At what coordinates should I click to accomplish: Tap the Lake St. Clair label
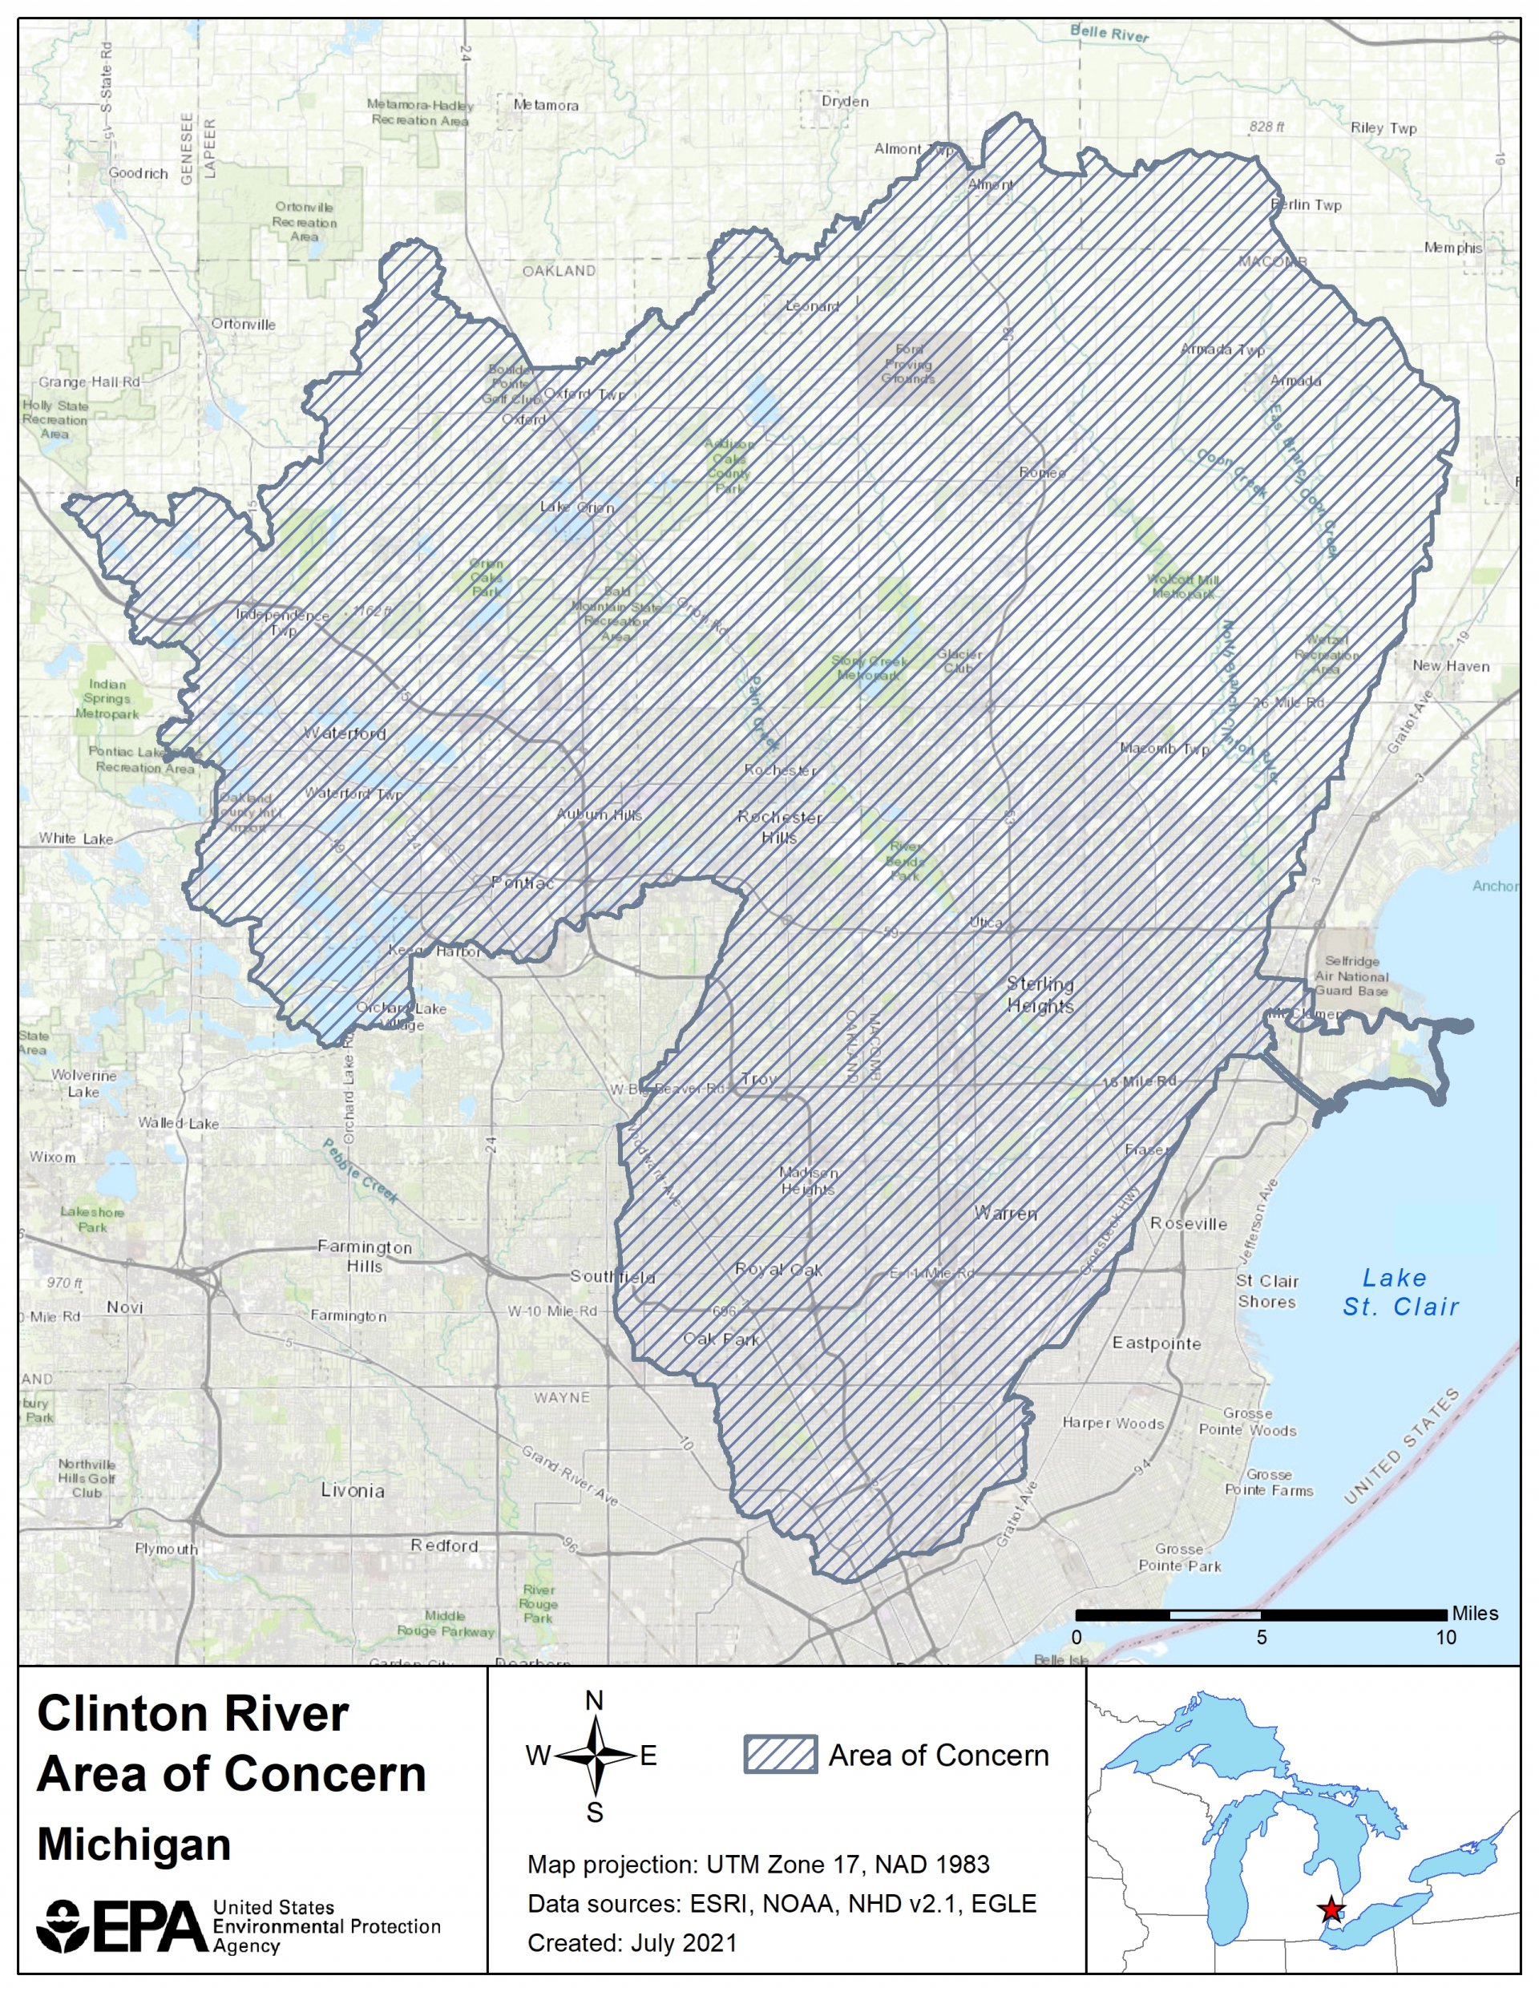click(x=1400, y=1292)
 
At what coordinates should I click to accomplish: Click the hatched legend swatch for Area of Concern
click(x=780, y=1755)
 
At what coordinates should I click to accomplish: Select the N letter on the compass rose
click(x=594, y=1700)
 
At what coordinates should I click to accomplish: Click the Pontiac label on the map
click(x=522, y=883)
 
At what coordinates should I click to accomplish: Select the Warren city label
click(x=1005, y=1213)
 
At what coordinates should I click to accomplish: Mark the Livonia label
click(x=352, y=1490)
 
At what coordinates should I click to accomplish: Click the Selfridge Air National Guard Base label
click(x=1352, y=975)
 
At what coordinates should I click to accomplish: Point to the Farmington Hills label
click(x=365, y=1256)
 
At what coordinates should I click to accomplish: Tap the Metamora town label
click(x=546, y=105)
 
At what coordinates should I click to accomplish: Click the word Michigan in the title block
click(x=134, y=1845)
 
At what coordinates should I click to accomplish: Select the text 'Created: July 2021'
click(x=632, y=1943)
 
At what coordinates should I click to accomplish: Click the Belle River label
click(x=1109, y=34)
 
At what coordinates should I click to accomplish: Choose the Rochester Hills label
click(x=780, y=826)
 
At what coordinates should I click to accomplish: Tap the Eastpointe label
click(x=1156, y=1343)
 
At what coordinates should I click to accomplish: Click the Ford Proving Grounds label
click(x=909, y=364)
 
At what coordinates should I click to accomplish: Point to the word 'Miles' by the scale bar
click(x=1474, y=1613)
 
